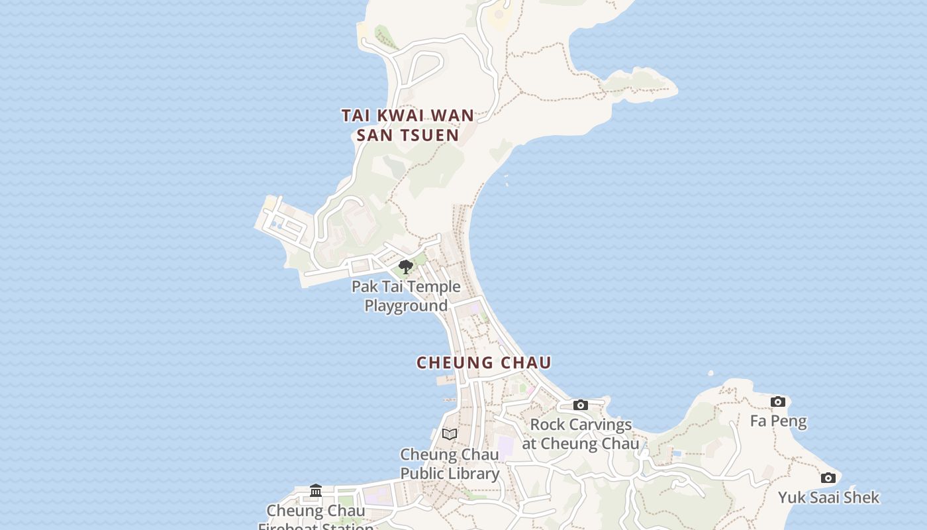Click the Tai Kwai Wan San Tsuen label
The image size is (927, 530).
(408, 125)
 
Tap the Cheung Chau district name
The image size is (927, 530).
(484, 362)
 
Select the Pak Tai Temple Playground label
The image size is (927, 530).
(406, 296)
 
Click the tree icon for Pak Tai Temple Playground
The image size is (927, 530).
(406, 267)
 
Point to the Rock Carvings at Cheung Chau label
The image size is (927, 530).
(581, 434)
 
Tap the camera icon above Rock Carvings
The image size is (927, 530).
(581, 405)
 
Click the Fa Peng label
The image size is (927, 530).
(778, 421)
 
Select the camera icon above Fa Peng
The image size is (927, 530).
(778, 401)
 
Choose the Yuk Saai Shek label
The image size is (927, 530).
(828, 497)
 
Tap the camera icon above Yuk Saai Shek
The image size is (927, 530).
(828, 478)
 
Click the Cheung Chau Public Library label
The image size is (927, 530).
(450, 464)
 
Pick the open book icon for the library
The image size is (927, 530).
(450, 434)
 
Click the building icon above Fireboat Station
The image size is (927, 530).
(316, 491)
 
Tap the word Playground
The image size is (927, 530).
(406, 306)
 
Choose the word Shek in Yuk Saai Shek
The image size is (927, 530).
(861, 497)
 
